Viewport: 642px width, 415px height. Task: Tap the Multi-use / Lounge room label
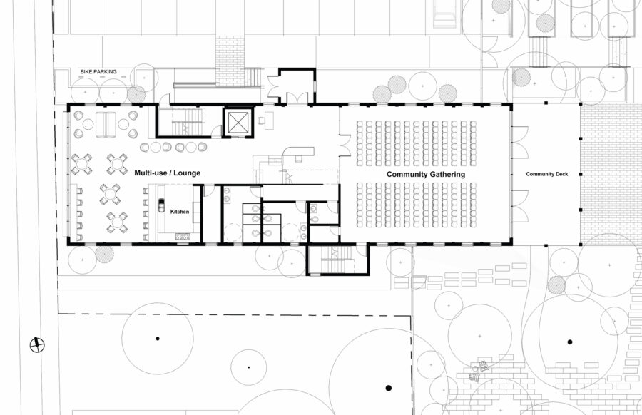168,173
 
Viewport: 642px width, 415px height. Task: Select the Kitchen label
180,211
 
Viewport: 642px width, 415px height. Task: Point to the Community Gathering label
426,174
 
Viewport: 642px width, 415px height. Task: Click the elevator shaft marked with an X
237,122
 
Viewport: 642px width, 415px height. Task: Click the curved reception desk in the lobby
300,153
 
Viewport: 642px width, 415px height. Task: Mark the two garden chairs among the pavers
478,369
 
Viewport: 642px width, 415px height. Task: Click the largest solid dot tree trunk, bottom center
389,388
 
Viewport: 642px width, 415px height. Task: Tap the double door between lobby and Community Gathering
344,145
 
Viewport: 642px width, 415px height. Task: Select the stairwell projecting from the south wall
337,260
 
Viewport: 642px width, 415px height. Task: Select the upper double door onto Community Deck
519,142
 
